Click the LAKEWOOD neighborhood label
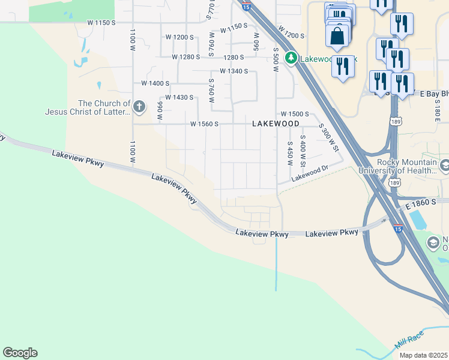pyautogui.click(x=276, y=123)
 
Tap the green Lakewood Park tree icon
pyautogui.click(x=291, y=58)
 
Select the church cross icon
pyautogui.click(x=139, y=107)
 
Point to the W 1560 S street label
pyautogui.click(x=203, y=124)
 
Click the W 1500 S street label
pyautogui.click(x=294, y=114)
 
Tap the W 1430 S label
pyautogui.click(x=179, y=97)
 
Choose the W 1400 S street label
pyautogui.click(x=155, y=83)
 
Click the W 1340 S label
pyautogui.click(x=234, y=71)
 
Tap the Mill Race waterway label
pyautogui.click(x=409, y=339)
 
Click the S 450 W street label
pyautogui.click(x=290, y=153)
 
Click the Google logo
pyautogui.click(x=20, y=353)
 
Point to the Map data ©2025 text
pyautogui.click(x=423, y=355)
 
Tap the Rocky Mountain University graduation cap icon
pyautogui.click(x=445, y=165)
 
